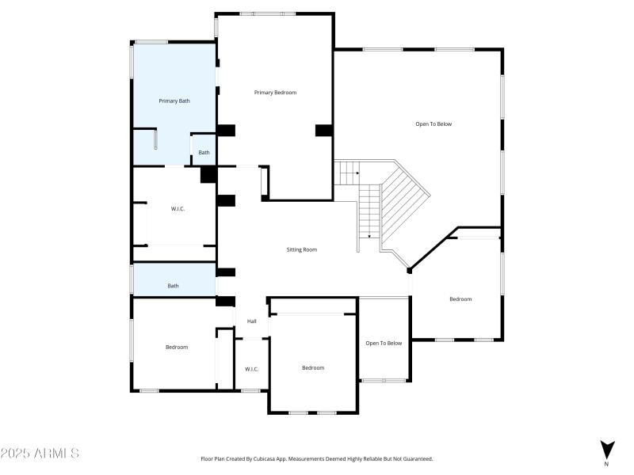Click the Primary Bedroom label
tap(275, 93)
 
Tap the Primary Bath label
tap(174, 101)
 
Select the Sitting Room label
tap(302, 249)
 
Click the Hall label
tap(252, 321)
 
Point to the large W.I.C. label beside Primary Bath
tap(178, 209)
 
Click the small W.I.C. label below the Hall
tap(252, 369)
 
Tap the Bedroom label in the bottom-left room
tap(177, 347)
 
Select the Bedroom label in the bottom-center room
tap(313, 367)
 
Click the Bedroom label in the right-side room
tap(460, 298)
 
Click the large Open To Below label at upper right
tap(433, 123)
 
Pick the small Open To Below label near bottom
tap(384, 343)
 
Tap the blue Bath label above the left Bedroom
tap(173, 286)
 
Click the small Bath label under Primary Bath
tap(204, 152)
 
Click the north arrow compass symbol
tap(607, 449)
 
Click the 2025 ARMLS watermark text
tap(40, 454)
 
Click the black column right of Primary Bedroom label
tap(323, 130)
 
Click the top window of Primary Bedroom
tap(268, 13)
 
